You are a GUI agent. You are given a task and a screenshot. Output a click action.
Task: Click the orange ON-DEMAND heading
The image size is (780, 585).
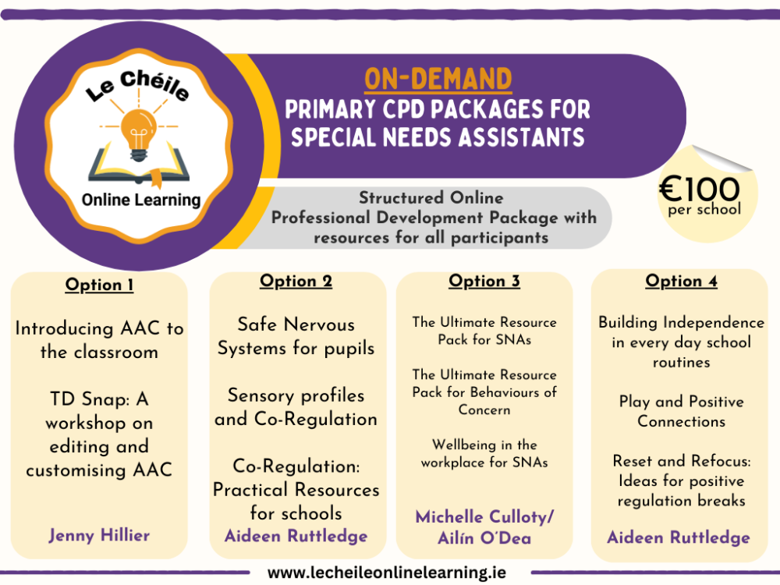[438, 79]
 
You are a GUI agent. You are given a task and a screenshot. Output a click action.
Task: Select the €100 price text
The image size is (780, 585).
[700, 189]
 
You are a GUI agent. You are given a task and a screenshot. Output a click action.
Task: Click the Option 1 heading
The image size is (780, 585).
[100, 285]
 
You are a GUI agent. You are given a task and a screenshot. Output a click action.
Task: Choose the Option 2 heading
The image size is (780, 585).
[296, 282]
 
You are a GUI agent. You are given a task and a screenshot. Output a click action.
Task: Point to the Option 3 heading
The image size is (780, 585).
[484, 282]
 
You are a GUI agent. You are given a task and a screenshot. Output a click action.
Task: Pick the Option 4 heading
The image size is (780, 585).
[682, 282]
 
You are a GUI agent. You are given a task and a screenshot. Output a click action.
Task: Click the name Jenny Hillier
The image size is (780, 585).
[99, 535]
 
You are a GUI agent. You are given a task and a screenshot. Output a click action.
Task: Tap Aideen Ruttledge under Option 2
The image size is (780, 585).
[296, 537]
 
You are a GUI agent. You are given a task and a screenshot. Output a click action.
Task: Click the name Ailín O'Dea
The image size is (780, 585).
[484, 538]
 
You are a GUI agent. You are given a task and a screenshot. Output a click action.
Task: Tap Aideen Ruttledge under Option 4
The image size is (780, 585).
[679, 537]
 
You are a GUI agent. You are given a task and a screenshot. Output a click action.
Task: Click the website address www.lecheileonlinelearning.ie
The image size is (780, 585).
[387, 573]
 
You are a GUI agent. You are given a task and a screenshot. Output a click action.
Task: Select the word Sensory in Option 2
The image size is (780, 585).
[261, 396]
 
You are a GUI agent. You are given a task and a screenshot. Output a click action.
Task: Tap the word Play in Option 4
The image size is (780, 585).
[635, 402]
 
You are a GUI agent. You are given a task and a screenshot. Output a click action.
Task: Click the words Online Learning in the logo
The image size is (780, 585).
[141, 200]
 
